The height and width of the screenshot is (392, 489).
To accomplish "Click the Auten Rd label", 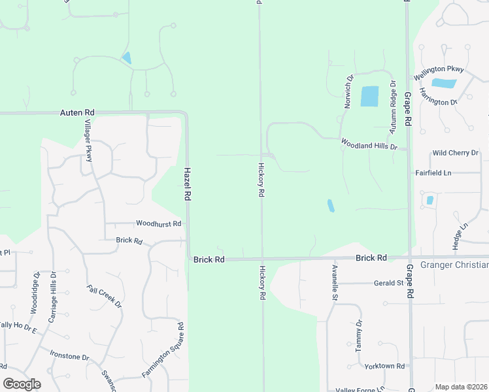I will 77,113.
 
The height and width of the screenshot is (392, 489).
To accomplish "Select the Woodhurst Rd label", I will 158,223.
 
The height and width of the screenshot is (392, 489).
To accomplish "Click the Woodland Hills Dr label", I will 369,143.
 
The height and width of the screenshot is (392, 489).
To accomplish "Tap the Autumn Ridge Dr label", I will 393,107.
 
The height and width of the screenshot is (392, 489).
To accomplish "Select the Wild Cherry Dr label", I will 455,153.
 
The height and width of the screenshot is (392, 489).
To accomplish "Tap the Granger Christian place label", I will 454,265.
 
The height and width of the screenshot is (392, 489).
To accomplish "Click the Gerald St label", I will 389,283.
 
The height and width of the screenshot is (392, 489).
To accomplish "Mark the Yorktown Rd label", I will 385,367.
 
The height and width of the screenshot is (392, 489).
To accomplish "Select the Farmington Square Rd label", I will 163,350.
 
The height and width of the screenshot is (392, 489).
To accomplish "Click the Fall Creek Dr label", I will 105,297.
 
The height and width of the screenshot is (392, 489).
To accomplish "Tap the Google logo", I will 22,384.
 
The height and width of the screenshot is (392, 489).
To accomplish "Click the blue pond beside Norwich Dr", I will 369,97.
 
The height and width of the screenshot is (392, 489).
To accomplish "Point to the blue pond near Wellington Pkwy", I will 445,83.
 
